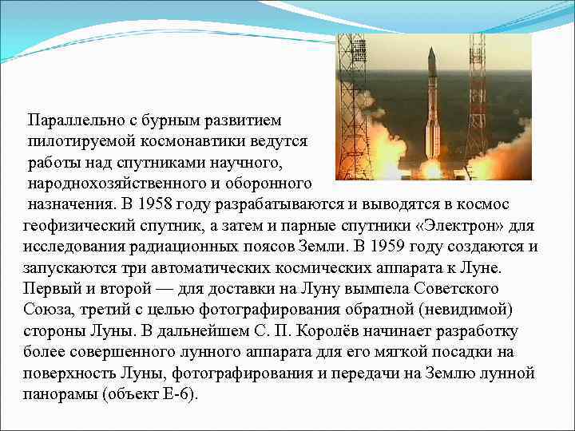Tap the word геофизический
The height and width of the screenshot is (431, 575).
(x=78, y=225)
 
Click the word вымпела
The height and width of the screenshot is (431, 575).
(x=356, y=287)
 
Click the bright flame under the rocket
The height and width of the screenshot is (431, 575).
(x=432, y=167)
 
